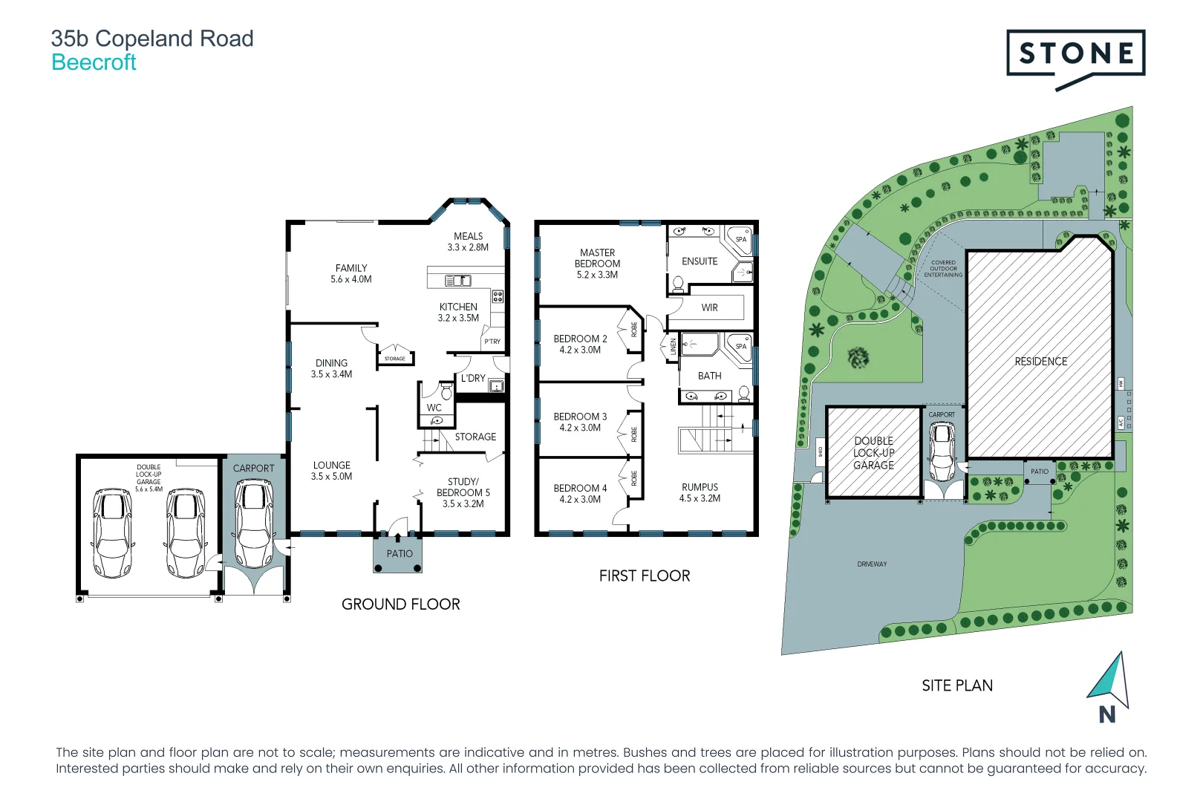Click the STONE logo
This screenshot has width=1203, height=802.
[1075, 53]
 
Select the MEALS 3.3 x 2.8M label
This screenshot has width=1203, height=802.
[468, 241]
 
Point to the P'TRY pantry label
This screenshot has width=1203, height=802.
[492, 342]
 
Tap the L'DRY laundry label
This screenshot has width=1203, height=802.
[473, 378]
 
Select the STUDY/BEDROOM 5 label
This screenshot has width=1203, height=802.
[463, 492]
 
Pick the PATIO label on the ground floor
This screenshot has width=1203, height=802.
[400, 553]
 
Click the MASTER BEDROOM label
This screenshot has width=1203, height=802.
[597, 264]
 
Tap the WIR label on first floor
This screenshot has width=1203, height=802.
[709, 307]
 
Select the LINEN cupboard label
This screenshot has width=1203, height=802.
[674, 347]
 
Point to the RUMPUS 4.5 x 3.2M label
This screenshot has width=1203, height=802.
[700, 492]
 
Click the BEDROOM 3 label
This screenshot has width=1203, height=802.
[580, 422]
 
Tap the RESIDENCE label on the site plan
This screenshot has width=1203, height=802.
[1040, 362]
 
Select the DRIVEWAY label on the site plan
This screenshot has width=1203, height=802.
[872, 564]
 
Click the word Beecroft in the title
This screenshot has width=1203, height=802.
[94, 62]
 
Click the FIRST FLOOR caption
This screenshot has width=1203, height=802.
[645, 576]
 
